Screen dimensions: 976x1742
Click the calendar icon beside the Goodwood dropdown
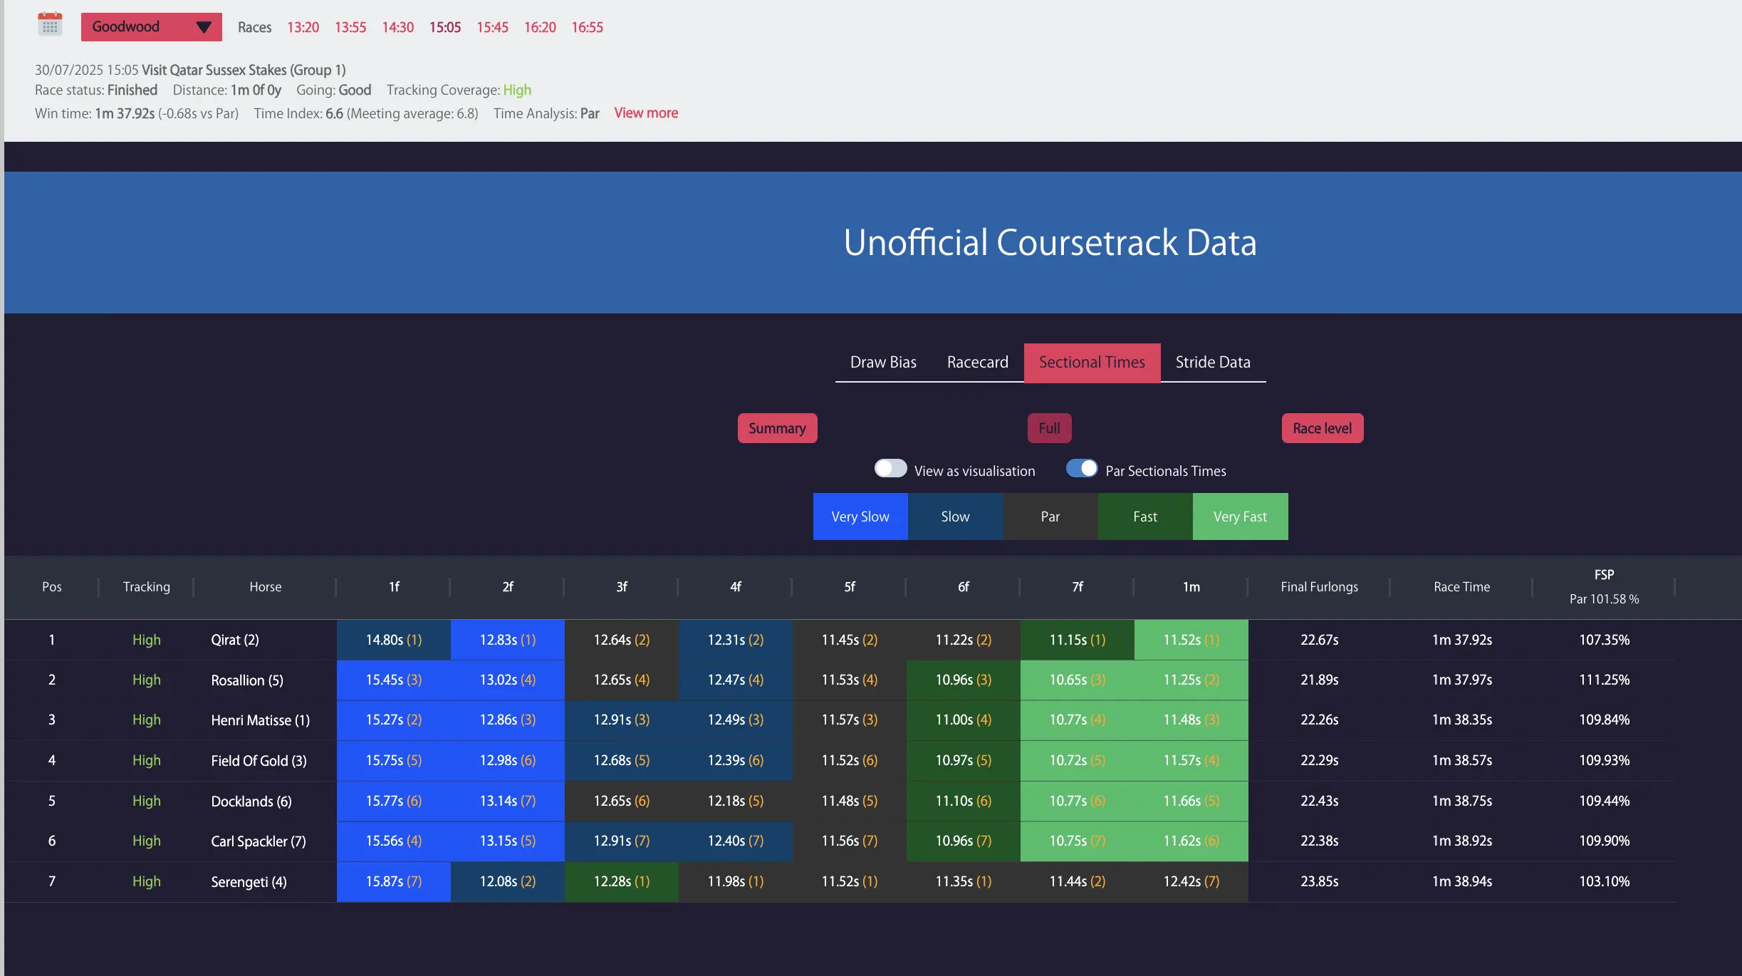pos(50,25)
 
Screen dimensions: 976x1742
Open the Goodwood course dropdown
pos(151,27)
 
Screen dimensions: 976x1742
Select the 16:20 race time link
pos(540,27)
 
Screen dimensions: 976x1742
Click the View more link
pos(646,113)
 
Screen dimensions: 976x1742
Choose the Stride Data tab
pos(1213,362)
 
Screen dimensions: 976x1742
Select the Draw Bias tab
pos(883,362)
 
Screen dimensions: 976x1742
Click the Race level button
pos(1322,428)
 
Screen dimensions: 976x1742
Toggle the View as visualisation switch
pos(890,469)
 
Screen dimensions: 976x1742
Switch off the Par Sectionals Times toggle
pos(1082,469)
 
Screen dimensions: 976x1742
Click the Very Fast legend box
pos(1240,516)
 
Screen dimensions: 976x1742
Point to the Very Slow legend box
pos(860,516)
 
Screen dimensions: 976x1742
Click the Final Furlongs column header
pos(1319,587)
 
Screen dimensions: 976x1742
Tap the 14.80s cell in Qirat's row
pos(394,640)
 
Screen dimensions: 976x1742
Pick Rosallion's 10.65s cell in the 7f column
pos(1077,680)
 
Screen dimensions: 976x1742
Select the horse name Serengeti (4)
pos(249,882)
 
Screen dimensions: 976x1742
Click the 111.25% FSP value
pos(1604,680)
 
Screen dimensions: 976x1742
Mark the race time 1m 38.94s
pos(1461,881)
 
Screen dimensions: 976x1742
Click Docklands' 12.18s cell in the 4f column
pos(735,801)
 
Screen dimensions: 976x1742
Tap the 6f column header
pos(963,587)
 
